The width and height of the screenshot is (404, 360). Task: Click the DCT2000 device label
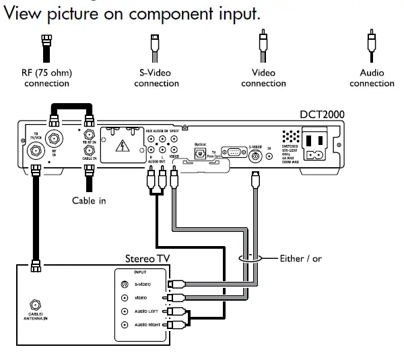(x=322, y=115)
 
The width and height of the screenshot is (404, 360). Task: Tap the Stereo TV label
(x=147, y=258)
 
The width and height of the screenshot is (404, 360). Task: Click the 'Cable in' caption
(x=89, y=200)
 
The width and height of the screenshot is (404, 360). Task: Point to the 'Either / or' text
(x=300, y=259)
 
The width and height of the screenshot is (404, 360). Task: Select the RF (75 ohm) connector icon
(x=46, y=49)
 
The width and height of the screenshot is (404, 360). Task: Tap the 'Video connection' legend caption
(x=263, y=78)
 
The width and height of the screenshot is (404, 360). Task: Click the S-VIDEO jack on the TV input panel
(x=124, y=284)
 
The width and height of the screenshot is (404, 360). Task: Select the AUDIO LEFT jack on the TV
(x=124, y=311)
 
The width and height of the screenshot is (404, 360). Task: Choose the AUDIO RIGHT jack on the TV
(x=124, y=325)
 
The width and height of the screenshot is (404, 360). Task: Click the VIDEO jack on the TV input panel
(x=124, y=298)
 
